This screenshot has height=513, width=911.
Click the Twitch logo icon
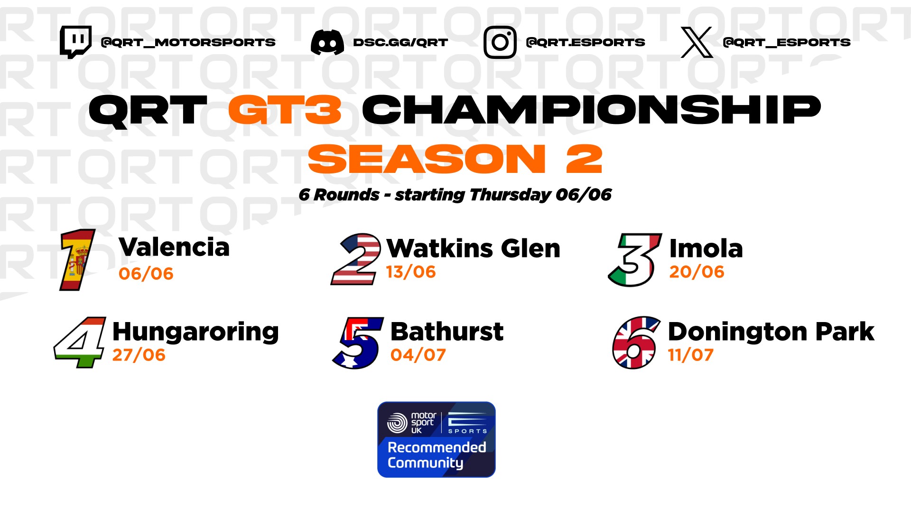coord(75,42)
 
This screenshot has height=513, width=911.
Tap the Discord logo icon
coord(327,42)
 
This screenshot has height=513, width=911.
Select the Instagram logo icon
coord(500,42)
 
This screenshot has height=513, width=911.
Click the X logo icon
coord(697,42)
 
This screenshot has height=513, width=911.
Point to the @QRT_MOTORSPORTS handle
coord(188,42)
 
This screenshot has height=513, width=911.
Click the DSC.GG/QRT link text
coord(400,42)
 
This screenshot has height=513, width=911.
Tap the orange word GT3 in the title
coord(285,110)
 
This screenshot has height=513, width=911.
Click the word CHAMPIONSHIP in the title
coord(591,110)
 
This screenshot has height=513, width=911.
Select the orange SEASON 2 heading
coord(455,159)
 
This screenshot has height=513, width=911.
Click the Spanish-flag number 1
coord(77,260)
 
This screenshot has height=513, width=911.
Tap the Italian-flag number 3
coord(635,260)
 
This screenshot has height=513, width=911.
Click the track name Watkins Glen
coord(474,248)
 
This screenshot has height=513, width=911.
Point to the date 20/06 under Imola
coord(697,272)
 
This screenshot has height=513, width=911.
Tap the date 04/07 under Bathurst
coord(418,355)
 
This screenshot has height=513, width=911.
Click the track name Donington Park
coord(771,332)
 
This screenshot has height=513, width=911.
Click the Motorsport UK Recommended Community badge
coord(437,439)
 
